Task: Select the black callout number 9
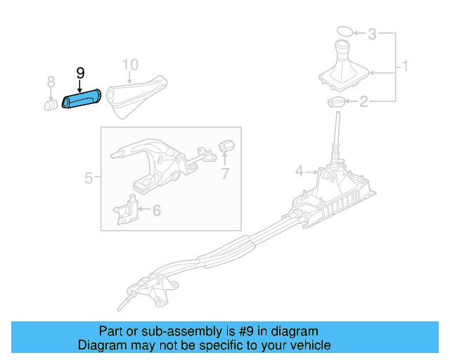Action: pos(80,73)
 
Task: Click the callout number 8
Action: pos(51,84)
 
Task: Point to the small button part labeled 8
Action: pos(51,105)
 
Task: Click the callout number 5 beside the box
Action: pos(89,178)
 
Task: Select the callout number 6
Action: pos(156,210)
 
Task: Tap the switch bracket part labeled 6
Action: pos(126,207)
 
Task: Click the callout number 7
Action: pos(225,173)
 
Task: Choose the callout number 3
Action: pos(373,33)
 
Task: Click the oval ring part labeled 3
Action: pos(344,32)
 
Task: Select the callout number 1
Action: pos(405,67)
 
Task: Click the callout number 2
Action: pos(364,103)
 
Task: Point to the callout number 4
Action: pos(299,171)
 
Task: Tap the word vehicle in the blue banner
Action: pos(311,345)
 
